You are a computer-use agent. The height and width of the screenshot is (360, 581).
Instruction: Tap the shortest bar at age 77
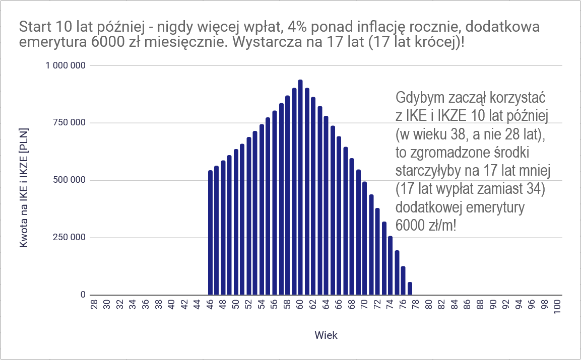pos(410,289)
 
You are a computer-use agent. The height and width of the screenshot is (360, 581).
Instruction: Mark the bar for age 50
pos(236,222)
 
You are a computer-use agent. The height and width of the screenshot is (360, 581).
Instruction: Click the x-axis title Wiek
pos(326,336)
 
